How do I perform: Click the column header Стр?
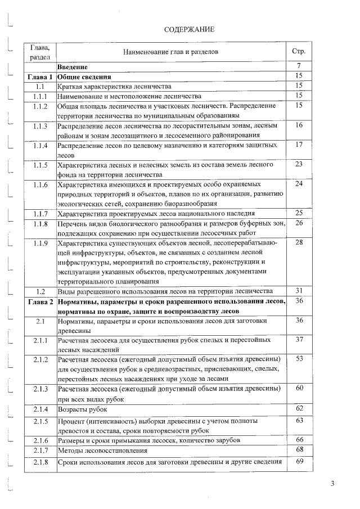tap(299, 52)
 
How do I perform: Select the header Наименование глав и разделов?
tap(170, 52)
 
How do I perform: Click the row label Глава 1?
tap(39, 77)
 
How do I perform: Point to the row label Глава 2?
tap(39, 302)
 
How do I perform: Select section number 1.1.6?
tap(39, 184)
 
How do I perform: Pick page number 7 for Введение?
tap(299, 67)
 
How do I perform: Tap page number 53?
tap(299, 358)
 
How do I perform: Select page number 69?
tap(299, 462)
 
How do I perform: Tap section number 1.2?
tap(39, 291)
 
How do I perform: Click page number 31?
tap(299, 291)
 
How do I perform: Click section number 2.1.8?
tap(39, 462)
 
